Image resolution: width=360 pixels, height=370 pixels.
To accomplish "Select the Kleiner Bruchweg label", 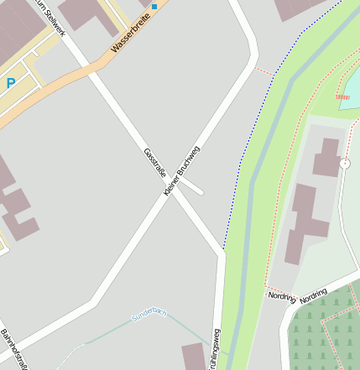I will click(182, 172).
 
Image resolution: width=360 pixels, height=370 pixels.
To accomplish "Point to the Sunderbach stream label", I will click(149, 315).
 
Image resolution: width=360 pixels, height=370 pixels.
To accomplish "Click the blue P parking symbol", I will click(11, 83).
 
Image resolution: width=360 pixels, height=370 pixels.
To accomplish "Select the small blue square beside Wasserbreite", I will click(154, 7).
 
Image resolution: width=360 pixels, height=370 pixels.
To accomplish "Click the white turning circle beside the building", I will click(345, 164).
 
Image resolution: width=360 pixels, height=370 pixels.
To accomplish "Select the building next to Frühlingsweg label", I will click(193, 356).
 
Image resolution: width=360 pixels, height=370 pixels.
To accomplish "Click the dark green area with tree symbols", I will click(326, 331).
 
